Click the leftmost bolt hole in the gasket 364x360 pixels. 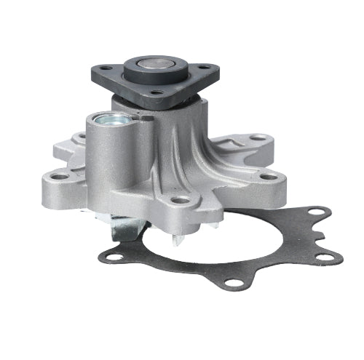pyautogui.click(x=111, y=257)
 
